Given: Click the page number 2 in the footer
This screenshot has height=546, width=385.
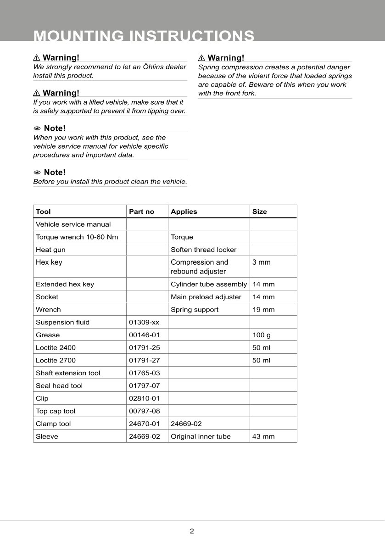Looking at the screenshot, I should (x=192, y=531).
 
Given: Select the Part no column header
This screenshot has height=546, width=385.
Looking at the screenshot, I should (x=141, y=212).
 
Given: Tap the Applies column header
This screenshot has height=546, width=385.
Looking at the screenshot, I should (x=184, y=212).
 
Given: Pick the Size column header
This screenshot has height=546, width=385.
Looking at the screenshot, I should (x=259, y=212).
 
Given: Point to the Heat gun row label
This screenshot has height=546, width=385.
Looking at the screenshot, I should (x=50, y=250).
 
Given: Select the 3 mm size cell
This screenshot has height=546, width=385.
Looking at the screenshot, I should (x=262, y=262).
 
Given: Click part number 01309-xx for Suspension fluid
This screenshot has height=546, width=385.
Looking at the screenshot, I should (x=144, y=322).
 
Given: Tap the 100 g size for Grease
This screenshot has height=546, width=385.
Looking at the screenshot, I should (x=262, y=335).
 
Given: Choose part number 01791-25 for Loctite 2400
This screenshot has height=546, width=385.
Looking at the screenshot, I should (x=144, y=348).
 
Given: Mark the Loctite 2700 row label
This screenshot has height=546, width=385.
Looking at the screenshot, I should (x=56, y=360).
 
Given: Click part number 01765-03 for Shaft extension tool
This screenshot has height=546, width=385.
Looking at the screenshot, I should (x=144, y=373).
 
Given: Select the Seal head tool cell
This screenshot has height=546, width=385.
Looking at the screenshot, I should (x=59, y=386).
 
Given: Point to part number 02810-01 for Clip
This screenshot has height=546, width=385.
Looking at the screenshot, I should (x=144, y=398).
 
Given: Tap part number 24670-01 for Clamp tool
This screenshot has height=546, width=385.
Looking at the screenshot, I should (x=144, y=424).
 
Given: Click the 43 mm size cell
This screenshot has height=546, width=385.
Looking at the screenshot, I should (x=263, y=436).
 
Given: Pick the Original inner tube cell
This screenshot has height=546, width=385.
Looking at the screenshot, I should (x=201, y=436).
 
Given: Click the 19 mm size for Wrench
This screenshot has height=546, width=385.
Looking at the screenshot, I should (x=263, y=310).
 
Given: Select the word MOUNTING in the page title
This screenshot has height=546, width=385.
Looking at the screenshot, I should (x=79, y=36).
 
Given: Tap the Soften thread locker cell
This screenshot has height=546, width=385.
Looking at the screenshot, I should (x=203, y=250).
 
